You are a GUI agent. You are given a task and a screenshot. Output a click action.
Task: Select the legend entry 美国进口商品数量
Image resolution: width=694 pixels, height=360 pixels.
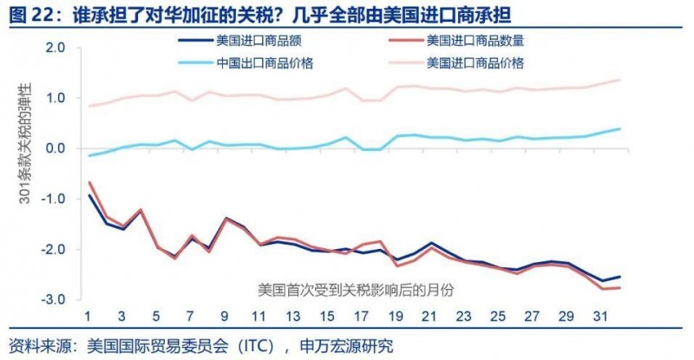(x=475, y=39)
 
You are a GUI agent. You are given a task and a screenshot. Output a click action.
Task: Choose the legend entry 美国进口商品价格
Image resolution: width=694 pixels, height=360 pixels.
(x=475, y=62)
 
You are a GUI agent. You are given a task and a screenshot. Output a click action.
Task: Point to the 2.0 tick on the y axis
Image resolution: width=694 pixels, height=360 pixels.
(x=56, y=49)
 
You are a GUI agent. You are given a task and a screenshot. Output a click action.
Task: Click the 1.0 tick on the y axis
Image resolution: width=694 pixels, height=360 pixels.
(x=56, y=98)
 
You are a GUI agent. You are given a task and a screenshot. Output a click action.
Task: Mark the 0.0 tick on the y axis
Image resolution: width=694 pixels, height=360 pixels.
(x=56, y=148)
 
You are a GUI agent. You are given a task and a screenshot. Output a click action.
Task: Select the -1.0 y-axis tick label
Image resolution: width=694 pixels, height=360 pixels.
(x=55, y=199)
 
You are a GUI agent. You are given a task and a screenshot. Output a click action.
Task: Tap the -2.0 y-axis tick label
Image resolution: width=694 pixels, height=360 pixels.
(x=55, y=249)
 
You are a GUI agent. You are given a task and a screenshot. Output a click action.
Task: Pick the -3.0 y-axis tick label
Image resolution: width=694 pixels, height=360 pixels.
(x=55, y=298)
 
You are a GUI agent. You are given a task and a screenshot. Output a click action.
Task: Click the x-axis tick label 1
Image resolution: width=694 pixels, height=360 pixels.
(x=88, y=316)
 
